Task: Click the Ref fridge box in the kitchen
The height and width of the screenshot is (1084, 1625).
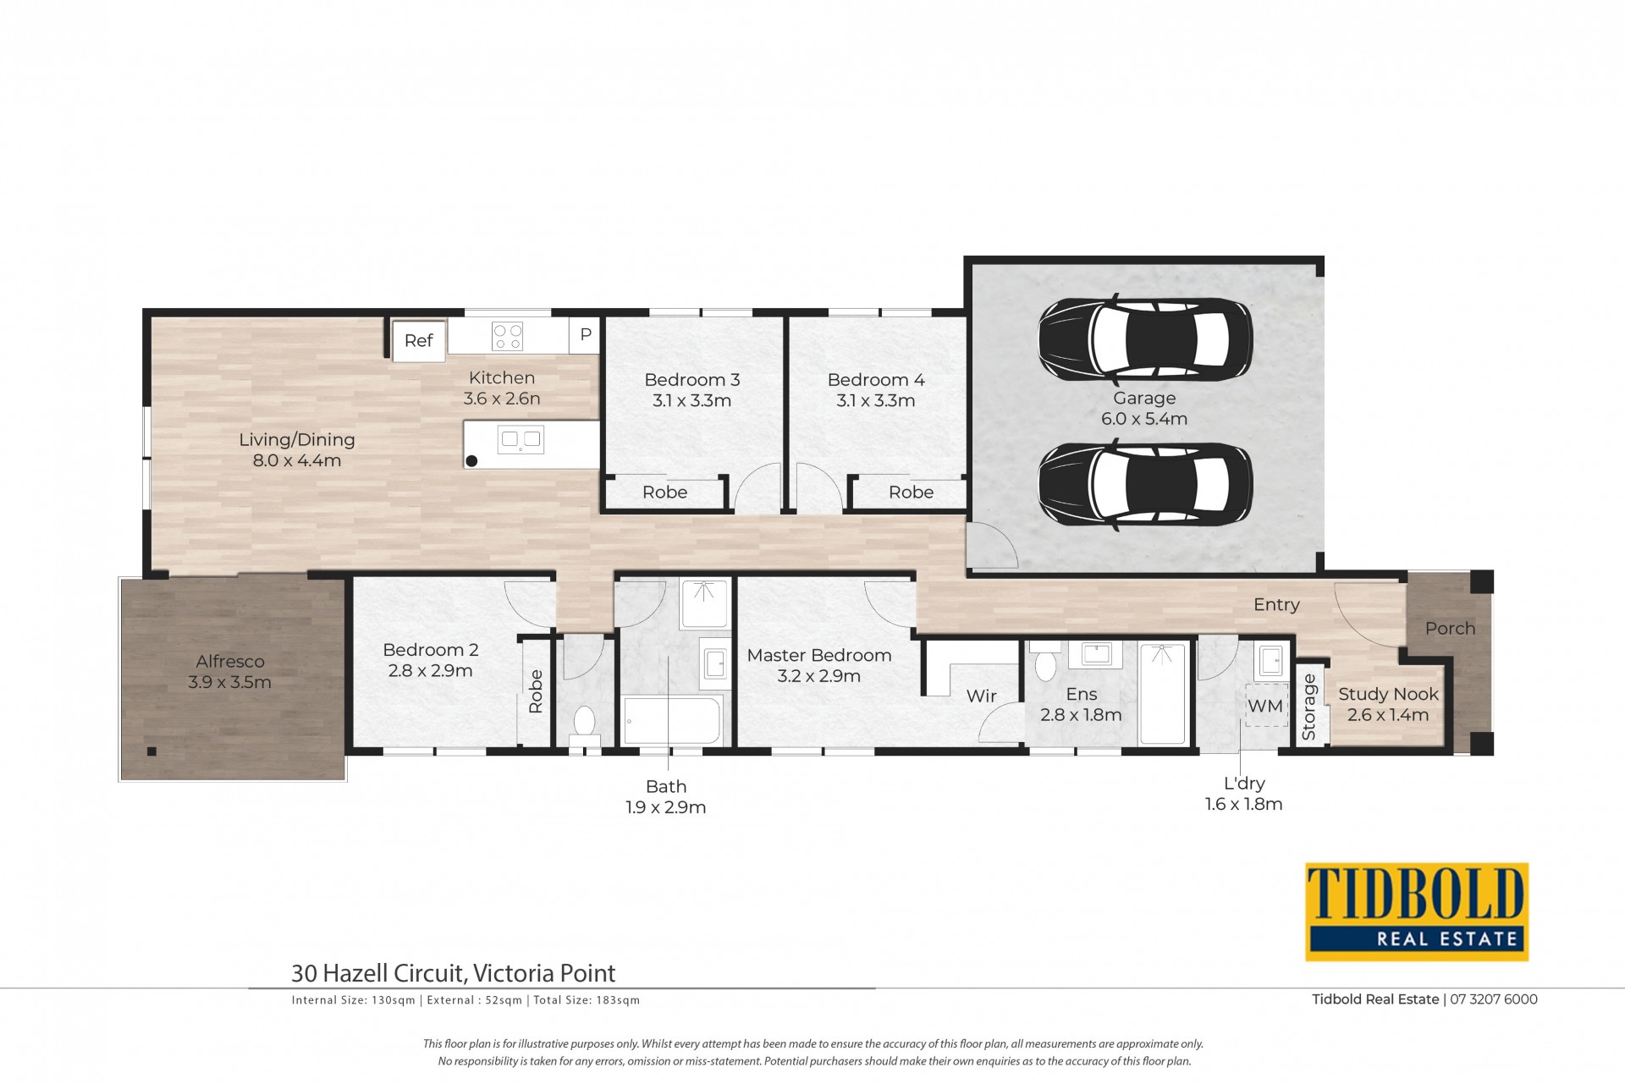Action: [419, 340]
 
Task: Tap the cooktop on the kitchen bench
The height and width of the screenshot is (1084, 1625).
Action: [508, 337]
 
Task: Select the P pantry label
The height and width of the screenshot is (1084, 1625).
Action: [585, 335]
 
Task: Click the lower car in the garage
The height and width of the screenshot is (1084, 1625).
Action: [1144, 485]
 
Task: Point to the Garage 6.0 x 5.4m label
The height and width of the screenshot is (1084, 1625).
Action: [1144, 408]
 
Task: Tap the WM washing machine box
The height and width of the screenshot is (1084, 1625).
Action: [1265, 706]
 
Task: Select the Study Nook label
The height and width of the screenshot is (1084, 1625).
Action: [1388, 694]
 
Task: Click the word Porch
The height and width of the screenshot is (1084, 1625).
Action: [1450, 628]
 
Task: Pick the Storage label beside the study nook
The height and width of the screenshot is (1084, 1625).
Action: [1309, 707]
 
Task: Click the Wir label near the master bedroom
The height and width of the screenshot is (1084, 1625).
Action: [982, 696]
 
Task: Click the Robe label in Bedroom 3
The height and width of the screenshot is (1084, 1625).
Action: [665, 492]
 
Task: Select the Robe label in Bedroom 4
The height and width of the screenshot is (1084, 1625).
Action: [912, 492]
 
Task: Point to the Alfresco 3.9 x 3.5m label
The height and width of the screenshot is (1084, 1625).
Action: [230, 672]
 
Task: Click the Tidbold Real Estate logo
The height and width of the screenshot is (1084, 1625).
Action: [1417, 911]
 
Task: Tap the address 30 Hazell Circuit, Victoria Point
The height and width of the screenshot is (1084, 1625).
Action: [454, 973]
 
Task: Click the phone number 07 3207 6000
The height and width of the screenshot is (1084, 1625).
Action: [1494, 999]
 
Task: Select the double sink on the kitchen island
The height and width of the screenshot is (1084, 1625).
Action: [521, 439]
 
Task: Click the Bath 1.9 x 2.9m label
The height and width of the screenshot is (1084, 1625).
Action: [666, 797]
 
